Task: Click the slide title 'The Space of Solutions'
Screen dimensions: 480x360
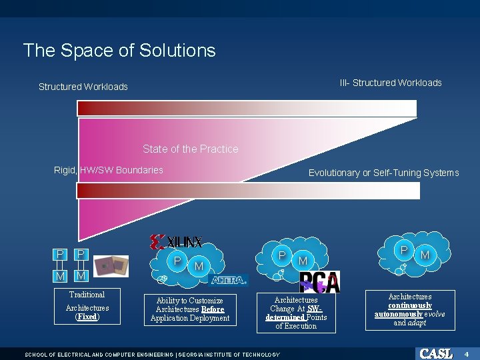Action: (119, 51)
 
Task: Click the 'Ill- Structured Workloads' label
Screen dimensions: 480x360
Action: (391, 83)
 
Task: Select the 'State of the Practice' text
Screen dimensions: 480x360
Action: (190, 149)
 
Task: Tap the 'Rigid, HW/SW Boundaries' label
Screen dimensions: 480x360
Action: (108, 170)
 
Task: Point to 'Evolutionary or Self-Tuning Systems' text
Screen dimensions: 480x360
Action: (383, 173)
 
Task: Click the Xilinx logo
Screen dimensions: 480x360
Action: (177, 241)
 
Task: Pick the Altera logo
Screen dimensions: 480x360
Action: (228, 279)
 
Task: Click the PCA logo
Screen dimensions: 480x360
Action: (319, 282)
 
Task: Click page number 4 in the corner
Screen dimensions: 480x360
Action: (467, 353)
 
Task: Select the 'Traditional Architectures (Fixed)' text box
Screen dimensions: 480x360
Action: (87, 306)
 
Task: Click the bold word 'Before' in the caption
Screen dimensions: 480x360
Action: (213, 309)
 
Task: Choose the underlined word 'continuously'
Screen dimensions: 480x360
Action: (410, 305)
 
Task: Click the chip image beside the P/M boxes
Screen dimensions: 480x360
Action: (110, 265)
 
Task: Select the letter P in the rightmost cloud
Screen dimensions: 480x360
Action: (404, 249)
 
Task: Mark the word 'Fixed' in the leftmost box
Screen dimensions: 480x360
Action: (87, 317)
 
